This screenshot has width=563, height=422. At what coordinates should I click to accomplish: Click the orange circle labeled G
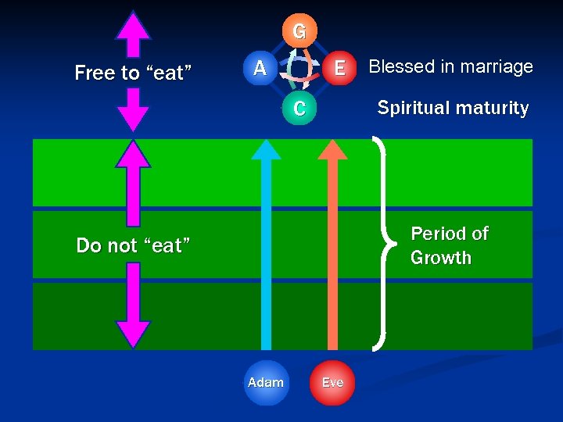tap(299, 32)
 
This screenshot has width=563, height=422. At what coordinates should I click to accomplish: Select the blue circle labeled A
tap(260, 68)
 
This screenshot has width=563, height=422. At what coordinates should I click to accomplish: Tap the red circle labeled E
tap(339, 68)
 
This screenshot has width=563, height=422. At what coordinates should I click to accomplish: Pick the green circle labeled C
tap(299, 109)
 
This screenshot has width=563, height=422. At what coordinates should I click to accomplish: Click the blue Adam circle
tap(266, 382)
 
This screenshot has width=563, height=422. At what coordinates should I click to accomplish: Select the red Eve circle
tap(332, 382)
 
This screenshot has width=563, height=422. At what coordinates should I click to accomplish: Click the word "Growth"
tap(441, 258)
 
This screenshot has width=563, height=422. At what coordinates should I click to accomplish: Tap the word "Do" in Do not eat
tap(87, 245)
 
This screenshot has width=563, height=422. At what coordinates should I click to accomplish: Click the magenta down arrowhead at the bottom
tap(133, 332)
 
